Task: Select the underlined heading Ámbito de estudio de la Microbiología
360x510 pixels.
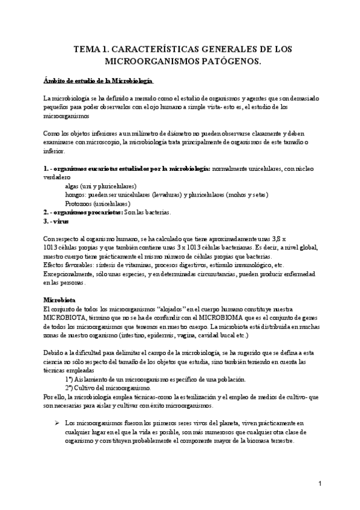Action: tap(99, 81)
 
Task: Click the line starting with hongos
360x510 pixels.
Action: tap(166, 195)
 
